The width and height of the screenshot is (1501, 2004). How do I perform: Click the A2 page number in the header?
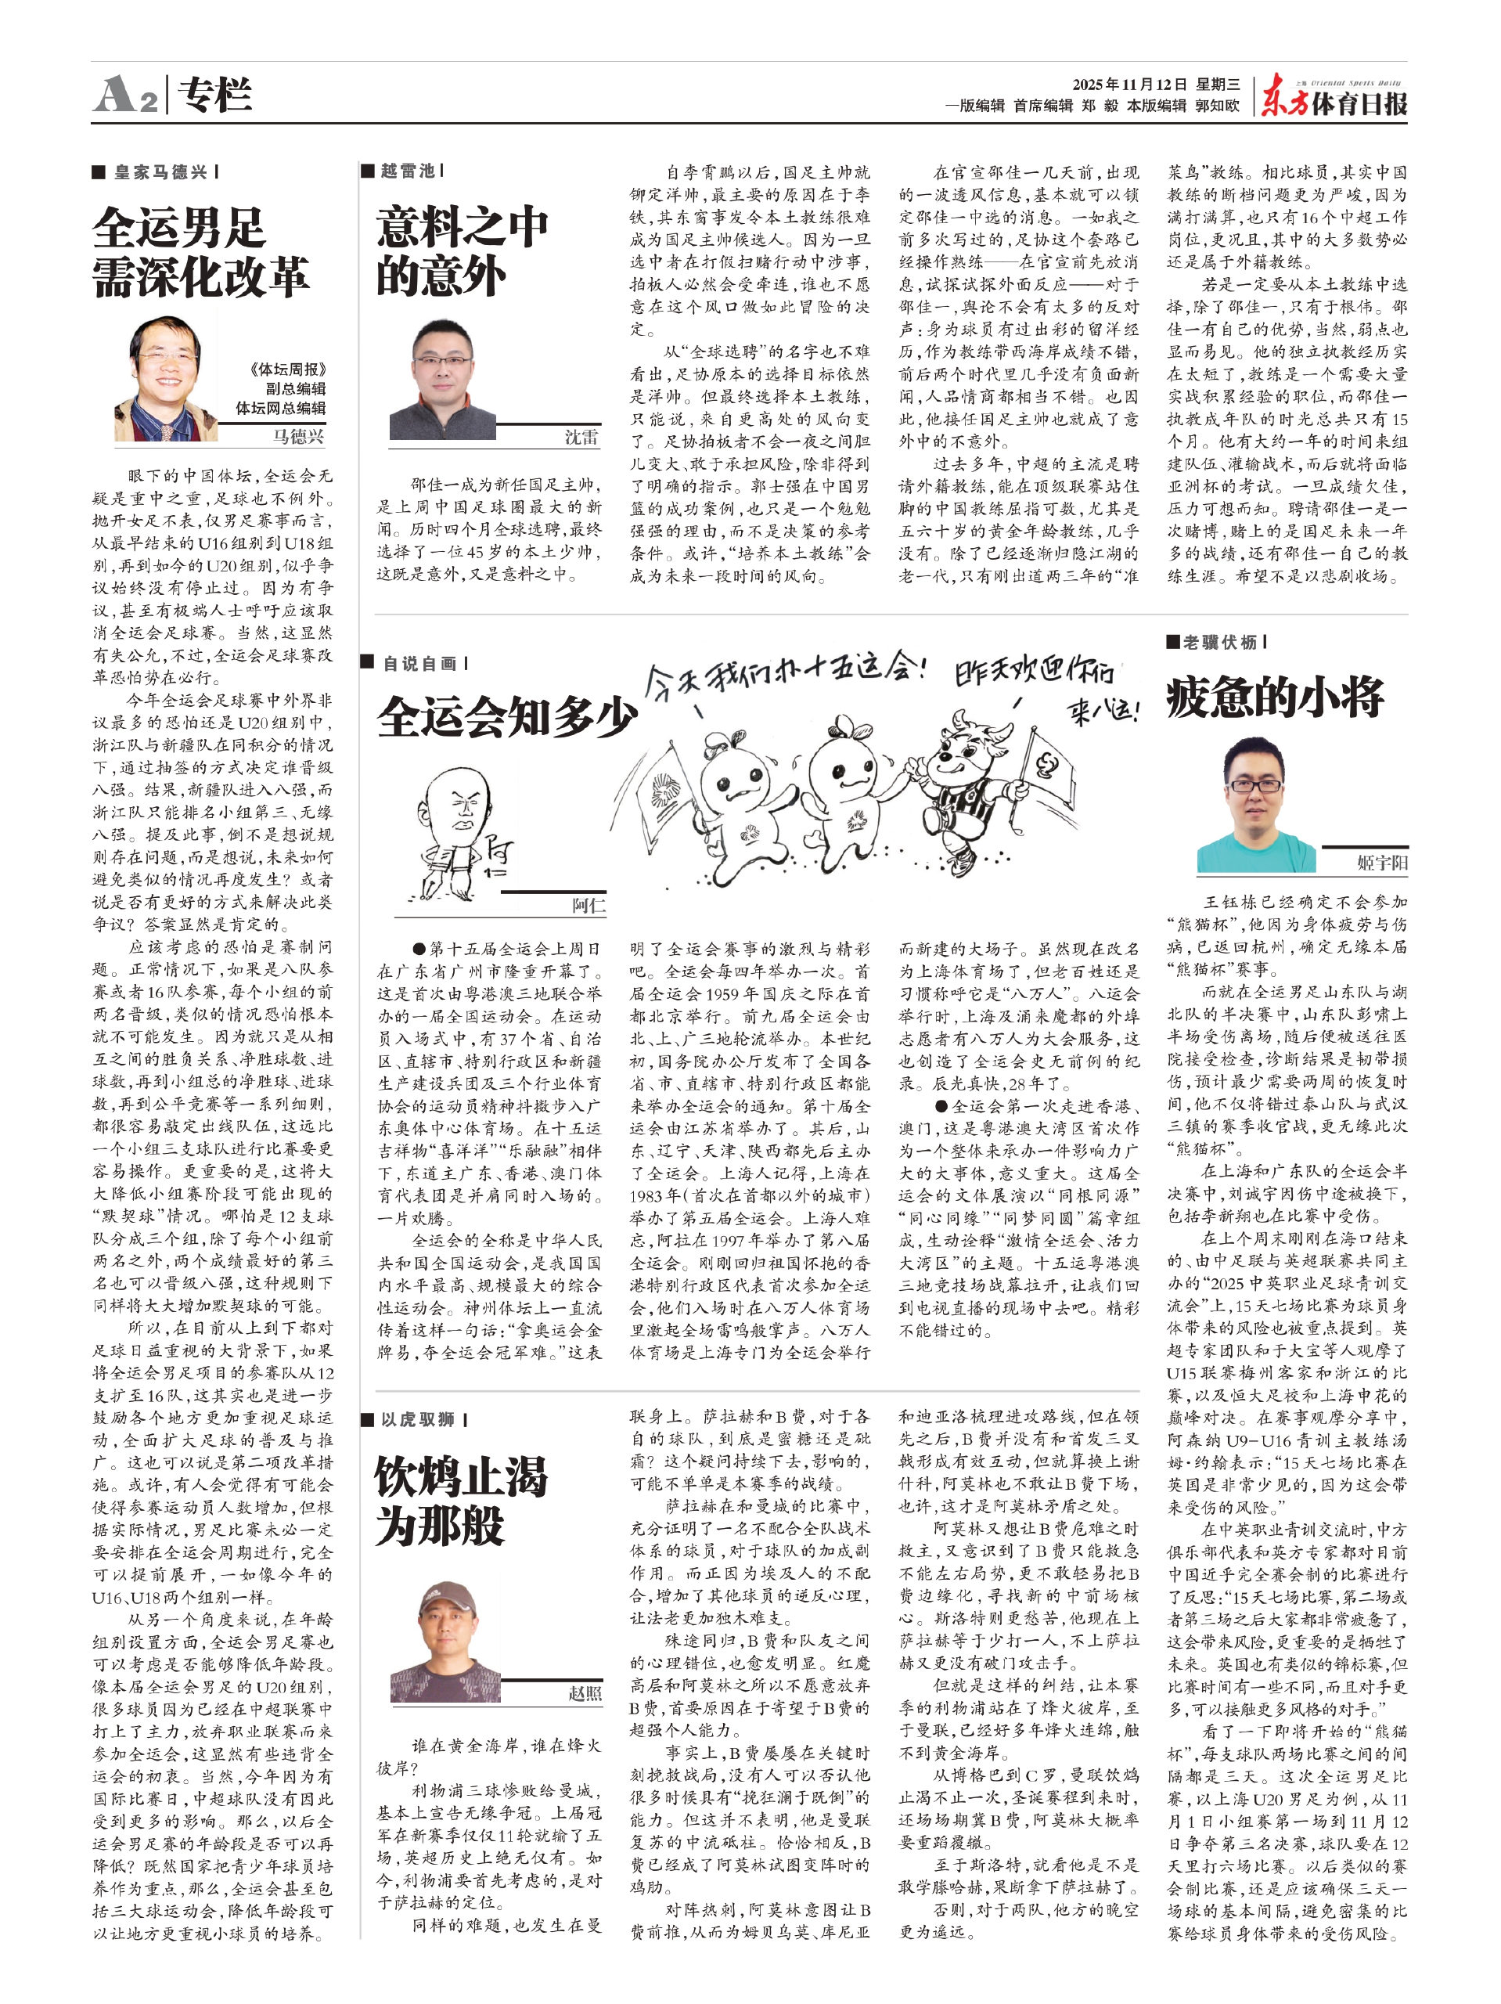127,94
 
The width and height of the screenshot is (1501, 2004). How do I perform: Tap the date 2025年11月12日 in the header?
1128,85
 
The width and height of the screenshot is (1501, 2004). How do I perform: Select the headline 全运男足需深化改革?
200,252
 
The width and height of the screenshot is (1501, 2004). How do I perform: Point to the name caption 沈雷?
581,438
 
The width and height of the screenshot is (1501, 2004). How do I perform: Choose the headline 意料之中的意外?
462,251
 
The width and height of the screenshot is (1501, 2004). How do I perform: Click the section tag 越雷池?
407,171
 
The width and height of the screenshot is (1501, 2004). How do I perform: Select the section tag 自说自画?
419,663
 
